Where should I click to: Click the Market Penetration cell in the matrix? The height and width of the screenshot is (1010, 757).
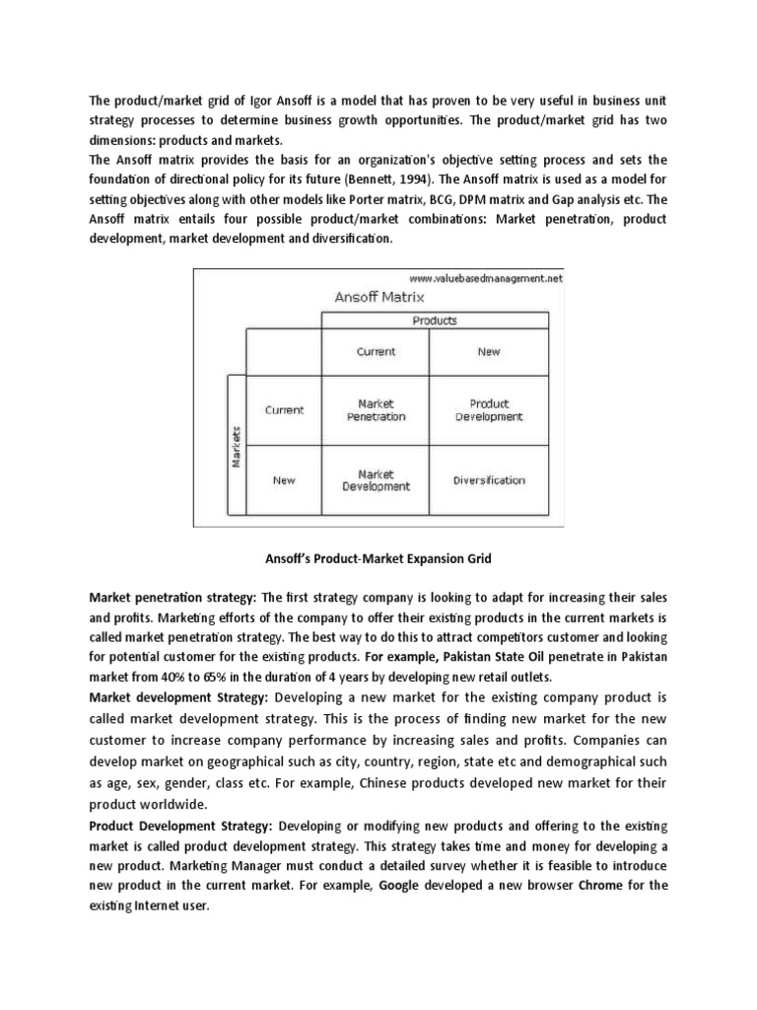tap(376, 410)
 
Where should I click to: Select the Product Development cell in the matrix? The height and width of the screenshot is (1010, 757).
tap(489, 410)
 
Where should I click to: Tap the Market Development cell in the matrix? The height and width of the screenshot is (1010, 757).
tap(376, 480)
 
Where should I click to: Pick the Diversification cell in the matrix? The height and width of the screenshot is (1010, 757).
tap(489, 481)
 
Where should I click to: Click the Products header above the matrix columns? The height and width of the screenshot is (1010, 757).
tap(434, 321)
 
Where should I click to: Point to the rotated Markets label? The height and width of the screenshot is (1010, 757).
tap(237, 447)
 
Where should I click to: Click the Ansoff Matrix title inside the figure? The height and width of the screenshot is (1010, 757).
tap(379, 296)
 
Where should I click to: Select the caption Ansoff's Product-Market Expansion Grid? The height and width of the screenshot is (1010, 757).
tap(378, 559)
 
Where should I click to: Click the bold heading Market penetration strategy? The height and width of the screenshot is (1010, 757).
tap(172, 598)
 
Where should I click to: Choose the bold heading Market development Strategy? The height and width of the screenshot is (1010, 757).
tap(174, 697)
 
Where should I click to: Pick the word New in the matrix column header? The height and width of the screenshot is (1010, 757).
tap(489, 352)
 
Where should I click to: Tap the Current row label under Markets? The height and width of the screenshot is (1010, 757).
tap(285, 410)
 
